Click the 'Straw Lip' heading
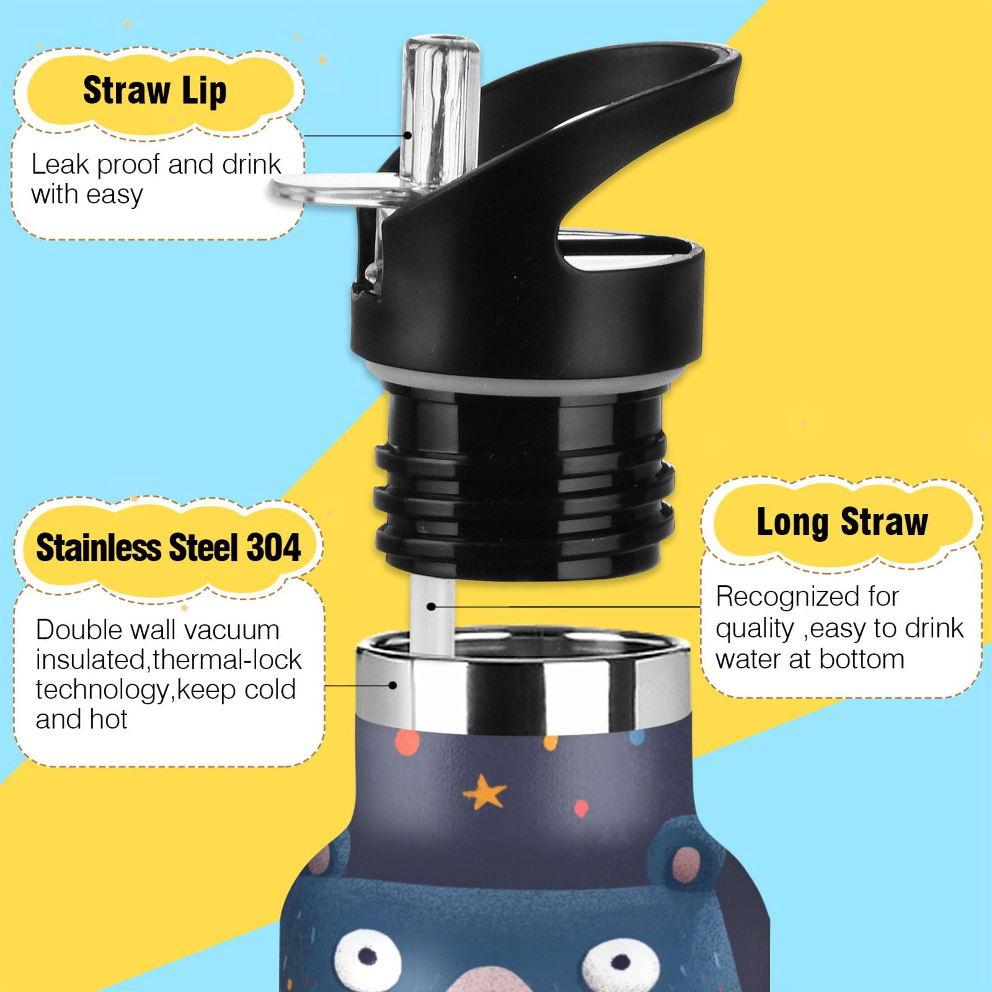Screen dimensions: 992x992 [155, 91]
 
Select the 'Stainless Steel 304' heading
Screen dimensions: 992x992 [168, 548]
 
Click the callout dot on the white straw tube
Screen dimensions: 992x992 [432, 606]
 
